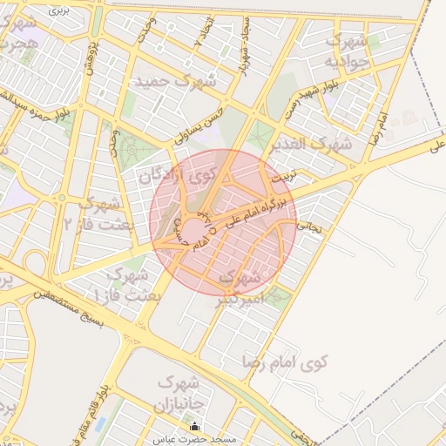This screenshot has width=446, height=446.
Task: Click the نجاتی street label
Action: click(x=310, y=224)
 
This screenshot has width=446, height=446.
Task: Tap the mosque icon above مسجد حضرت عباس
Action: click(x=194, y=426)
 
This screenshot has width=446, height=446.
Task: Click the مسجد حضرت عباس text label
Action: click(x=194, y=440)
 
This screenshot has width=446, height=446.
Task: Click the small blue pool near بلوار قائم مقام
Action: click(x=99, y=424)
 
